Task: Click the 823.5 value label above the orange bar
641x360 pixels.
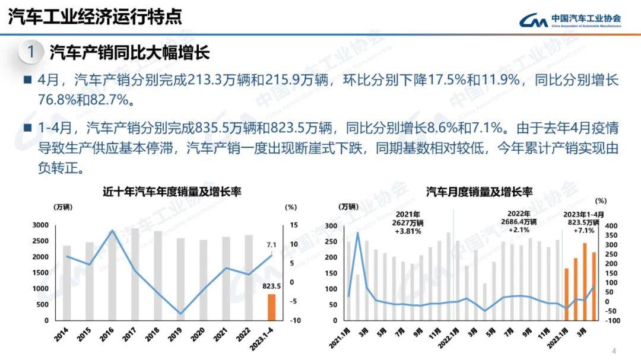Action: [x=272, y=286]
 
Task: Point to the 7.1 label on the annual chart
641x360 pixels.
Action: [x=272, y=244]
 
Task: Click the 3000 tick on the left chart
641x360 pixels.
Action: [x=40, y=225]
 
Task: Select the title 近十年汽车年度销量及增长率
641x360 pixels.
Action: [x=172, y=192]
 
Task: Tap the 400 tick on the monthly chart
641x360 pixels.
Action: [x=611, y=226]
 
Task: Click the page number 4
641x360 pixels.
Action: [x=614, y=351]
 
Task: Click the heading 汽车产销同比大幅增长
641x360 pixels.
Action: [x=129, y=53]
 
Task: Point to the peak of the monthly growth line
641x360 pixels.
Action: [x=358, y=232]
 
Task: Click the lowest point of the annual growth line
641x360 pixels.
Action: [x=181, y=314]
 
